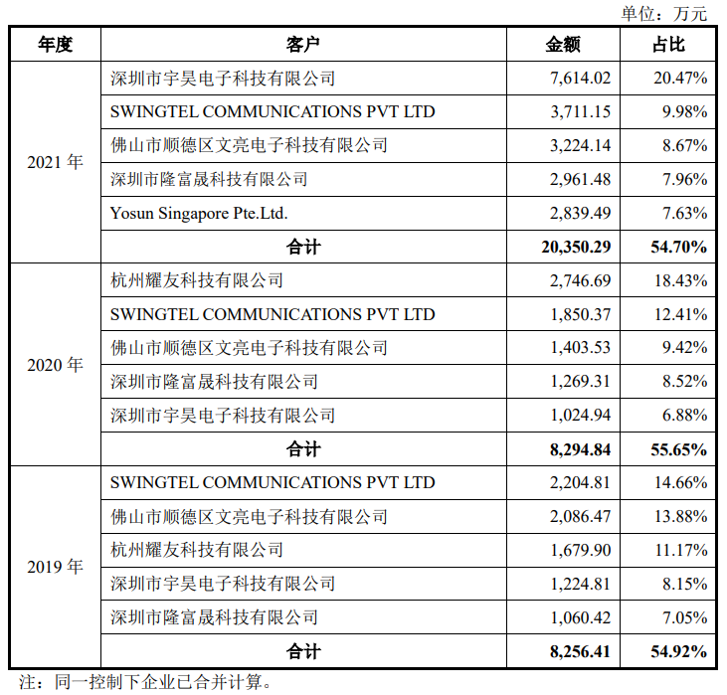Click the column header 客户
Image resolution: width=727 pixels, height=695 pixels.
click(303, 45)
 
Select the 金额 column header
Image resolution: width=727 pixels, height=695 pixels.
click(563, 45)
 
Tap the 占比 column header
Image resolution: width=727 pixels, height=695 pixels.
click(668, 45)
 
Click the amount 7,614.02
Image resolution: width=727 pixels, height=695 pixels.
click(580, 79)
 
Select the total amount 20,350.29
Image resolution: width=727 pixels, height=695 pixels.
click(575, 247)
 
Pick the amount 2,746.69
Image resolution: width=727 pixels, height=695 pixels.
click(580, 280)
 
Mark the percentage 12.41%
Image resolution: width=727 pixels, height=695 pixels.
click(681, 314)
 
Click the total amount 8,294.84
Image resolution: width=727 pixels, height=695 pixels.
click(579, 449)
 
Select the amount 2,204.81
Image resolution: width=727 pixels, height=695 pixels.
click(580, 483)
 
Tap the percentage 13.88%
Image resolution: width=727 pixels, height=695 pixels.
click(681, 517)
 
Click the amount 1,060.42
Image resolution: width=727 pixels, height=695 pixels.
click(580, 617)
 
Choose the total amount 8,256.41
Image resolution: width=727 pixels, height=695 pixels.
click(579, 652)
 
